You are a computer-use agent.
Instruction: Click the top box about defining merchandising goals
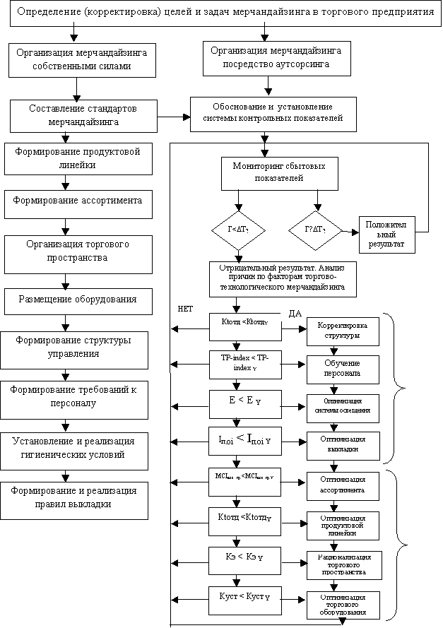pyautogui.click(x=225, y=13)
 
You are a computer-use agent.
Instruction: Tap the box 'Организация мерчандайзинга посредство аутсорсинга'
pyautogui.click(x=272, y=57)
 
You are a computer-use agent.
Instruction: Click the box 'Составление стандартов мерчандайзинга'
pyautogui.click(x=83, y=115)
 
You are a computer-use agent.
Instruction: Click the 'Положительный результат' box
pyautogui.click(x=386, y=233)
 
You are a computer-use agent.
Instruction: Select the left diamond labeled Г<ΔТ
pyautogui.click(x=237, y=230)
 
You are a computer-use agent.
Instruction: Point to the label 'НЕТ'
pyautogui.click(x=186, y=309)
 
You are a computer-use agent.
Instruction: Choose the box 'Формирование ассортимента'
pyautogui.click(x=78, y=201)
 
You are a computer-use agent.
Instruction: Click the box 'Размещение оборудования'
pyautogui.click(x=77, y=300)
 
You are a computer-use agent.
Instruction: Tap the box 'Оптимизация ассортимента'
pyautogui.click(x=343, y=484)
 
